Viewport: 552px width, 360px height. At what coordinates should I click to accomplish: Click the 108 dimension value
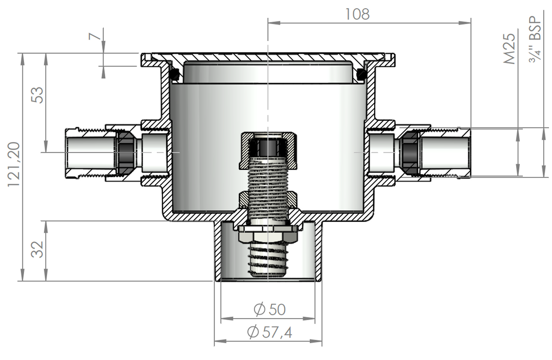pyautogui.click(x=357, y=14)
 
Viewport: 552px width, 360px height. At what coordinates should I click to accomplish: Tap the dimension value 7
pyautogui.click(x=95, y=36)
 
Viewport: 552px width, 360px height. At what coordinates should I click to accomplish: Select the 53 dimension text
pyautogui.click(x=37, y=95)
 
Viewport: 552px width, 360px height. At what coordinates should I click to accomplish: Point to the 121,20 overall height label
pyautogui.click(x=14, y=164)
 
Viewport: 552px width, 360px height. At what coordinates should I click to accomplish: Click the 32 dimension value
pyautogui.click(x=37, y=249)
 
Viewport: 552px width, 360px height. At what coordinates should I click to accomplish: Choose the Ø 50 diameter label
pyautogui.click(x=270, y=309)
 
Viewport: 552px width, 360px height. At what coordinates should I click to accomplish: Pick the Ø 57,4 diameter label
pyautogui.click(x=270, y=332)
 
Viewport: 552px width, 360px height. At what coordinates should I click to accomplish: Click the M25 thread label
pyautogui.click(x=510, y=49)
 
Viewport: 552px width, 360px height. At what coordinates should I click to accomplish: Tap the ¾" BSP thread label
pyautogui.click(x=536, y=39)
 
